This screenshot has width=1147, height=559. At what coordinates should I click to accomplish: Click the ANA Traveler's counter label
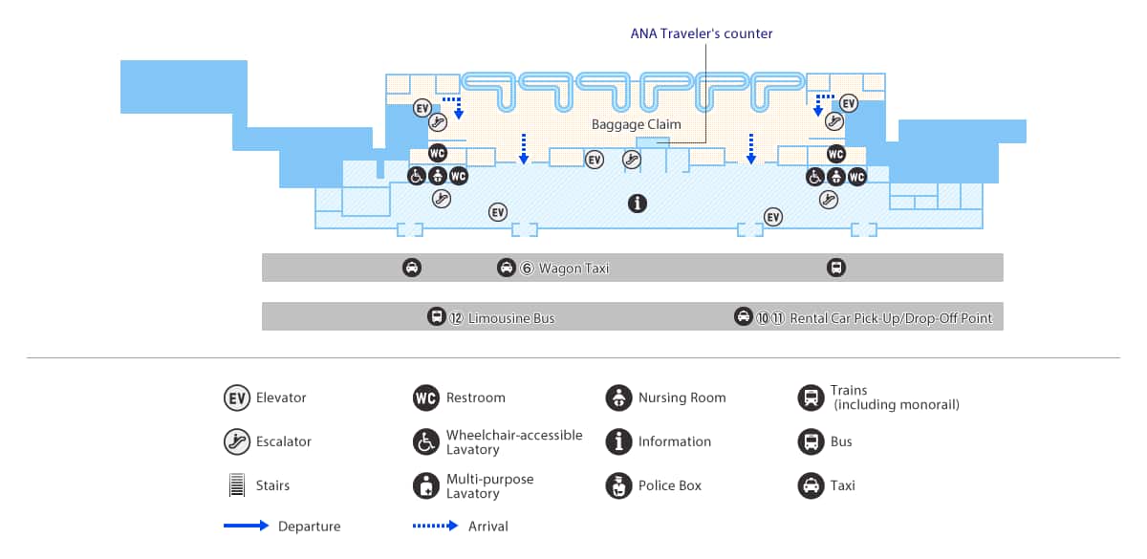(x=702, y=33)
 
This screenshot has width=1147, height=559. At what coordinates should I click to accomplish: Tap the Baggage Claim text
(x=636, y=125)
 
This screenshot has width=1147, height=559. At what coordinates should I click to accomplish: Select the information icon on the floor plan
(x=637, y=203)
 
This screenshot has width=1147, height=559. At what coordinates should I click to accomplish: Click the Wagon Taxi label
(x=573, y=269)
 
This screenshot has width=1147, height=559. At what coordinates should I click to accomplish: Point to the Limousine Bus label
(x=510, y=318)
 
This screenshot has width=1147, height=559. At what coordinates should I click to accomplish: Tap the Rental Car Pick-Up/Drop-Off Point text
(x=891, y=318)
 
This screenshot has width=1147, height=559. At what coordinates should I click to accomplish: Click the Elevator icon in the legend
(x=236, y=398)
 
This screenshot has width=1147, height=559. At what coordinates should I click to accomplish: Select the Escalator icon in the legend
(x=236, y=441)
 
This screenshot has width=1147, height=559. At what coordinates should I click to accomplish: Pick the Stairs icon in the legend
(x=236, y=485)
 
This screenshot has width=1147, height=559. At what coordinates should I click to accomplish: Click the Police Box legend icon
(x=618, y=485)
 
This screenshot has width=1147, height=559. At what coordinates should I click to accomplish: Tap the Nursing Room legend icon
(x=618, y=398)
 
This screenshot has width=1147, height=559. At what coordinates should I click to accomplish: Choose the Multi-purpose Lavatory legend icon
(x=425, y=485)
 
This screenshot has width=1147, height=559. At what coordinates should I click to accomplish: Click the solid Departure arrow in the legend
(x=247, y=526)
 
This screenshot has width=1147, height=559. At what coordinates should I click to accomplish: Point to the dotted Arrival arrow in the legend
(x=436, y=526)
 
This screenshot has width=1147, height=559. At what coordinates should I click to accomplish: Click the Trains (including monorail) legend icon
(x=811, y=398)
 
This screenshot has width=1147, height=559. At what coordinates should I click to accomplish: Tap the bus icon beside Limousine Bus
(x=436, y=317)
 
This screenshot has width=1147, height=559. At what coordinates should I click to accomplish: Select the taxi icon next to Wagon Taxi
(x=507, y=269)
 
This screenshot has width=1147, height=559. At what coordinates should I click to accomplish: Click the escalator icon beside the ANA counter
(x=631, y=160)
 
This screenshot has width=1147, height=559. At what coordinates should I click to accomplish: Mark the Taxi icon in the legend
(x=811, y=485)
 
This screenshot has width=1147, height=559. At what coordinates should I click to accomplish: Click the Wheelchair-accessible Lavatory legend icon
(x=425, y=441)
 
